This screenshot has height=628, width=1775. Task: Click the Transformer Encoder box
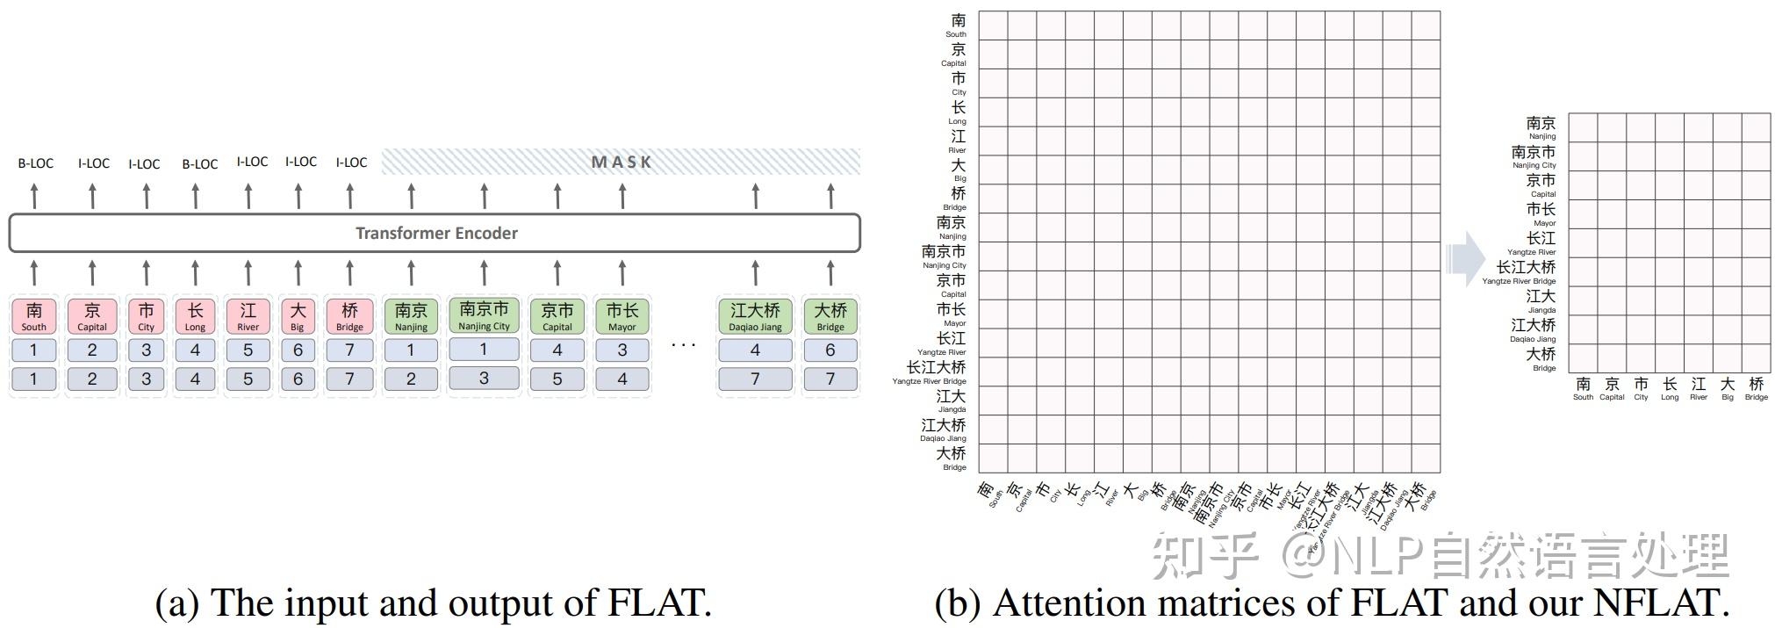(435, 233)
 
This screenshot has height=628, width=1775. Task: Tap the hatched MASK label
(621, 162)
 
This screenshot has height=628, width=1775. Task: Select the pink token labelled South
(34, 316)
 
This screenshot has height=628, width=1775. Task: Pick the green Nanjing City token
(484, 315)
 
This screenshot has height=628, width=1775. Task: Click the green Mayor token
(622, 316)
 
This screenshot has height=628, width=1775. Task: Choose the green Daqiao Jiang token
(755, 316)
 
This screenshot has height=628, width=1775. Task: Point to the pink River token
(248, 316)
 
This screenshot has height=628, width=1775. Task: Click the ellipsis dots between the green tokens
(683, 345)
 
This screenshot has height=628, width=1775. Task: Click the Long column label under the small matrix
(1670, 388)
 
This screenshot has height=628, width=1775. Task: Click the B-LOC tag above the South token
(36, 163)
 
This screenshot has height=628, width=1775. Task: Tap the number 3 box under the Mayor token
(622, 350)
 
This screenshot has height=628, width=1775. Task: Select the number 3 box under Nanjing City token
(484, 379)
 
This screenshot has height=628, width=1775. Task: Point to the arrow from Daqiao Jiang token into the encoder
(755, 272)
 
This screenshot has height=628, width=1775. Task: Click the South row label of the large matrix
(958, 24)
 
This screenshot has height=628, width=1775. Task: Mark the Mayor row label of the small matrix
(1541, 214)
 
